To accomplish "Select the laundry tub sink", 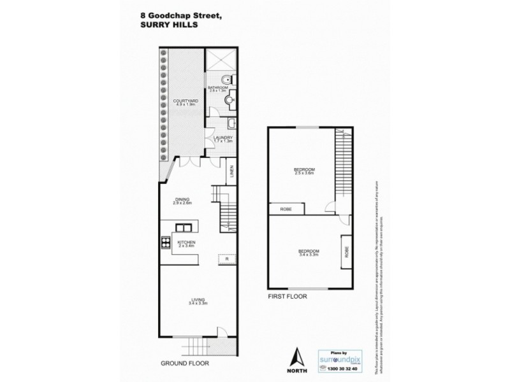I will pos(233,123).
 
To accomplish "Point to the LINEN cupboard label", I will pos(231,171).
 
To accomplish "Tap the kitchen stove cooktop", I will pos(166,242).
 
